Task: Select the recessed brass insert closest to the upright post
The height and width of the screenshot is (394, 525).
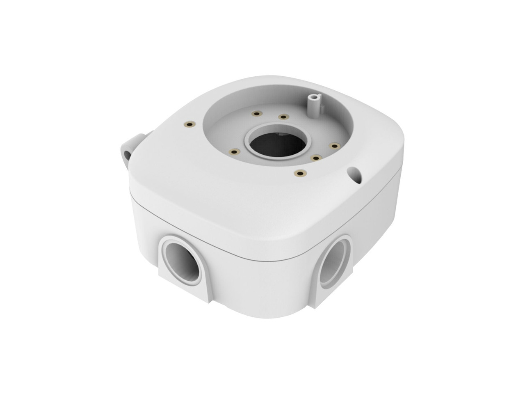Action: pyautogui.click(x=282, y=117)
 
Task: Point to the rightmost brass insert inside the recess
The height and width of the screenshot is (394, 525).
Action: pyautogui.click(x=334, y=146)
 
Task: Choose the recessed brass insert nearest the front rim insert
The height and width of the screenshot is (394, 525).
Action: pyautogui.click(x=315, y=157)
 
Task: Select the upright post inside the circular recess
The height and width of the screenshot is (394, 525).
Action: pyautogui.click(x=314, y=105)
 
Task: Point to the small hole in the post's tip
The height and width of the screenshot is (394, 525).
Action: pyautogui.click(x=315, y=97)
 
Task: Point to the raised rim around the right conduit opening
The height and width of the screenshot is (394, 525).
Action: pyautogui.click(x=322, y=267)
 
